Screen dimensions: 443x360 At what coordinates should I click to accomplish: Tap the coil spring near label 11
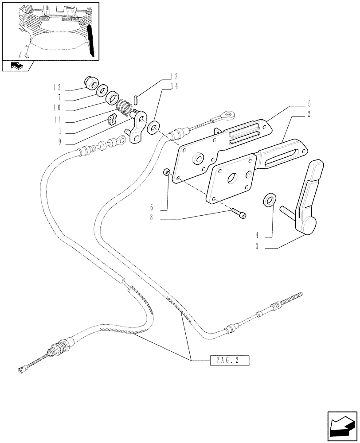[x=125, y=106]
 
